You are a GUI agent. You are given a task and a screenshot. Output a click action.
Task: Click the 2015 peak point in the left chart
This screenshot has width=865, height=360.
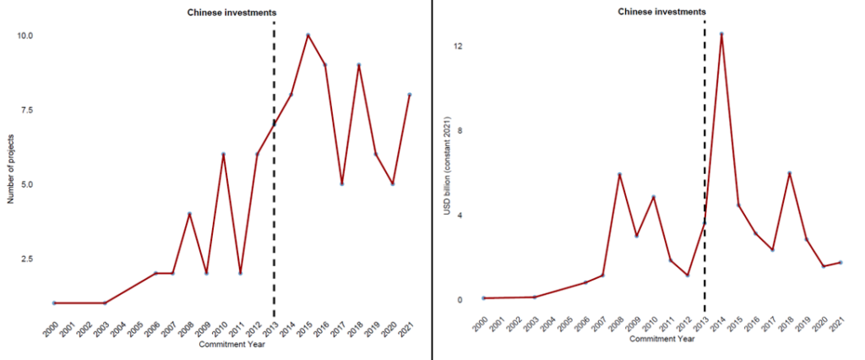[x=308, y=35]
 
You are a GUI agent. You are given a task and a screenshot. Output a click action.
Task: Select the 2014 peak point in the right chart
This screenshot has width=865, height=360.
[x=721, y=34]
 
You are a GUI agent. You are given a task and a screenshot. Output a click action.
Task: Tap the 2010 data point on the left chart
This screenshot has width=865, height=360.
[x=223, y=154]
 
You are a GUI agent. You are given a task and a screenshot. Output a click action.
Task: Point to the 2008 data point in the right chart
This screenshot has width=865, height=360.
[x=619, y=174]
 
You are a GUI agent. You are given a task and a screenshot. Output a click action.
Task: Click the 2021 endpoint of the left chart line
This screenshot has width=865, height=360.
[x=411, y=95]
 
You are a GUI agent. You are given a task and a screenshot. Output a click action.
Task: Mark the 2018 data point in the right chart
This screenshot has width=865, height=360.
[x=790, y=173]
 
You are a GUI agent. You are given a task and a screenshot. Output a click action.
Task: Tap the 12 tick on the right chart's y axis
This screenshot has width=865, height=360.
[x=456, y=46]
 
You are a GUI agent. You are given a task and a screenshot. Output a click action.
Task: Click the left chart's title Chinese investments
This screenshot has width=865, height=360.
[x=231, y=12]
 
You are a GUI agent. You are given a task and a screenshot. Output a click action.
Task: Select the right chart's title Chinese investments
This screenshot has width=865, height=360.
[x=662, y=12]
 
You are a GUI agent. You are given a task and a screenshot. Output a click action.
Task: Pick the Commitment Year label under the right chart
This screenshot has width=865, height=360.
[x=661, y=340]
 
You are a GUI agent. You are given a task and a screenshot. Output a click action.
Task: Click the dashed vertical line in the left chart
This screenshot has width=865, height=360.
[x=274, y=211]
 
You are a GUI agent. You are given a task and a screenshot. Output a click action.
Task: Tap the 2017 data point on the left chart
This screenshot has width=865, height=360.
[x=342, y=183]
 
